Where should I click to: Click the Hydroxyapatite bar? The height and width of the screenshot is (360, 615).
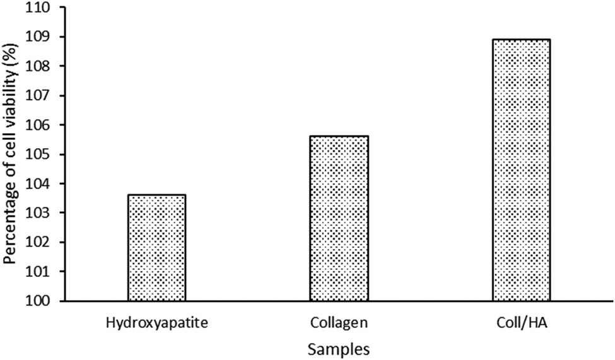(156, 248)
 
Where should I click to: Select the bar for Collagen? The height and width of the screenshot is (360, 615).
(339, 218)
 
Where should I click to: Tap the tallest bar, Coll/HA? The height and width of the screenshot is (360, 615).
(520, 170)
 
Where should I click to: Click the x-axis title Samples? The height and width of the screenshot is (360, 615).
(339, 349)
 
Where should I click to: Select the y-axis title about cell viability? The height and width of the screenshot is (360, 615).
(11, 155)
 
